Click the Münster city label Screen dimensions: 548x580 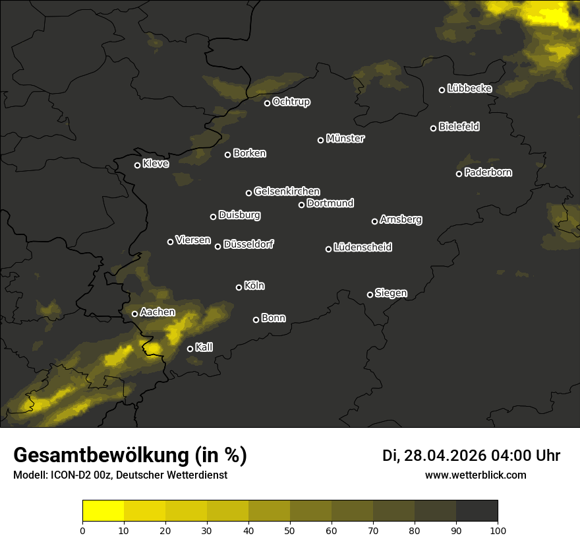click(345, 139)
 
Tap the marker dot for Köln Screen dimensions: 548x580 click(239, 287)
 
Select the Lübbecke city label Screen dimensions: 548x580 click(469, 88)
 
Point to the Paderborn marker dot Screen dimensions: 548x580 click(459, 174)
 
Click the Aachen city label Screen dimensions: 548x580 click(158, 312)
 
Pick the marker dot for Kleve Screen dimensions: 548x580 click(138, 165)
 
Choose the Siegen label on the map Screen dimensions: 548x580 click(391, 293)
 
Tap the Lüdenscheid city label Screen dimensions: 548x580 click(362, 248)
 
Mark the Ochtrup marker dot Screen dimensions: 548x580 click(268, 103)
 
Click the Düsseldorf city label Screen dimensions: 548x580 click(248, 244)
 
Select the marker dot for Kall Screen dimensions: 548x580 click(190, 349)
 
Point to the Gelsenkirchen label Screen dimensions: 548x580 click(287, 191)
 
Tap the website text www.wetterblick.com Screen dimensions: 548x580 click(475, 475)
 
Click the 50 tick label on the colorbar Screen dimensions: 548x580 click(290, 530)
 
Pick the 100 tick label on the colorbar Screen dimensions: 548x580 click(498, 530)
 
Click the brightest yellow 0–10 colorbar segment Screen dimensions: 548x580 click(103, 511)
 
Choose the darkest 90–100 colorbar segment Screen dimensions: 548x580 click(477, 511)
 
